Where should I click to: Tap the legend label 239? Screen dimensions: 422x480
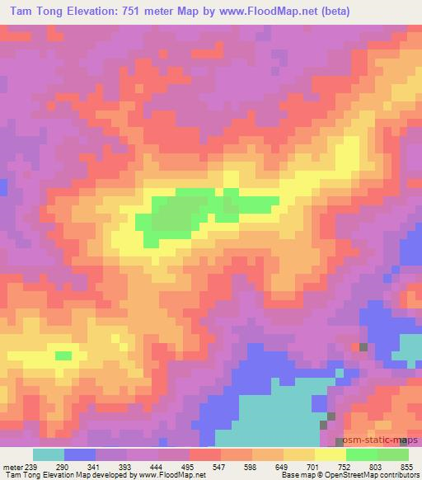point(30,467)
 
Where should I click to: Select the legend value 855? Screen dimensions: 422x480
point(407,467)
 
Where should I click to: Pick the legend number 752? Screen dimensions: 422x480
point(345,467)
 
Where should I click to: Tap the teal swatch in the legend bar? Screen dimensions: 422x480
point(48,454)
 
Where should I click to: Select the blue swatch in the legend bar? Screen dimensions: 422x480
point(79,454)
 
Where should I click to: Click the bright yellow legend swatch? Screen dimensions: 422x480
point(331,454)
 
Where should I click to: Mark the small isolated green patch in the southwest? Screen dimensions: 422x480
point(63,355)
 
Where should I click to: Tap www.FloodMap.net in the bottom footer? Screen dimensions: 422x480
point(171,476)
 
